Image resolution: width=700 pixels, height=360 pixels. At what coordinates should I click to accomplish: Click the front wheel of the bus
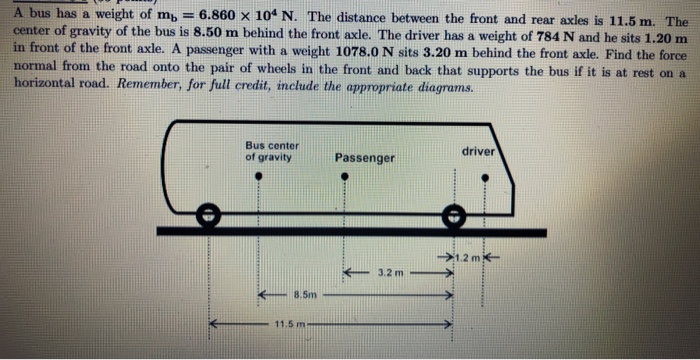point(453,214)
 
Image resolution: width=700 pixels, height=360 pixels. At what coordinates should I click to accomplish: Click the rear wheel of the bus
point(207,214)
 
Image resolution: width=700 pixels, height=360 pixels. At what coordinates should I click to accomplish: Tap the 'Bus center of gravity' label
point(271,151)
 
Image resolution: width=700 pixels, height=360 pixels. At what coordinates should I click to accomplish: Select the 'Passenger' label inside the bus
point(365,158)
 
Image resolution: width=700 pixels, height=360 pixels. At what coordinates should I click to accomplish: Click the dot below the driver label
point(486,178)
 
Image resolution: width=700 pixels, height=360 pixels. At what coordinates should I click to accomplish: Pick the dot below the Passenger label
point(345,178)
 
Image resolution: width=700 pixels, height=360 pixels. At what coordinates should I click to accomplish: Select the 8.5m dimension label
point(304,296)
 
